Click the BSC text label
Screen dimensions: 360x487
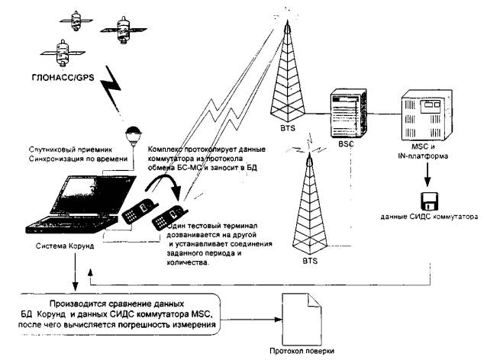345,143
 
